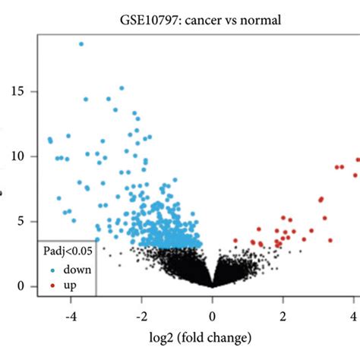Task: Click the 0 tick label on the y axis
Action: [x=22, y=286]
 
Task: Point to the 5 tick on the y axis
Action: [x=22, y=221]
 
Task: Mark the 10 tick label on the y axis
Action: [x=19, y=156]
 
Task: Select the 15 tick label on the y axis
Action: [x=19, y=91]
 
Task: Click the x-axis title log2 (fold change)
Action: [x=212, y=336]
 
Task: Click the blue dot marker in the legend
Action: [x=51, y=270]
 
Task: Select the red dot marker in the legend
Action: [x=51, y=286]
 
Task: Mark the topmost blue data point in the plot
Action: [x=81, y=44]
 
